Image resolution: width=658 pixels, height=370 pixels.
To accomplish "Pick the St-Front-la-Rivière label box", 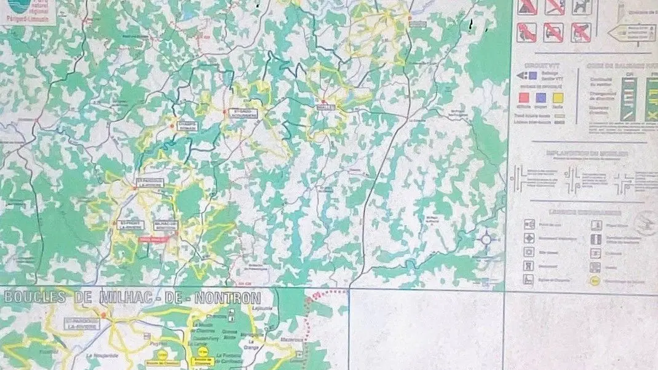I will click(129, 224).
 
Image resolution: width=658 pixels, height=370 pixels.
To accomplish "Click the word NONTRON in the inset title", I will click(228, 298).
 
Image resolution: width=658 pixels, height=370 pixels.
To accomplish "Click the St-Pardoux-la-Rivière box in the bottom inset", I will click(81, 325).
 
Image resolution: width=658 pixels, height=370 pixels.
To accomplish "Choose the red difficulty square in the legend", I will click(523, 97).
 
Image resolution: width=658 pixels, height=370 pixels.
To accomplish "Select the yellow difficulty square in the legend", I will click(557, 97).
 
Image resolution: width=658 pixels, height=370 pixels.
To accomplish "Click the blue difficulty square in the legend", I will click(541, 97).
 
